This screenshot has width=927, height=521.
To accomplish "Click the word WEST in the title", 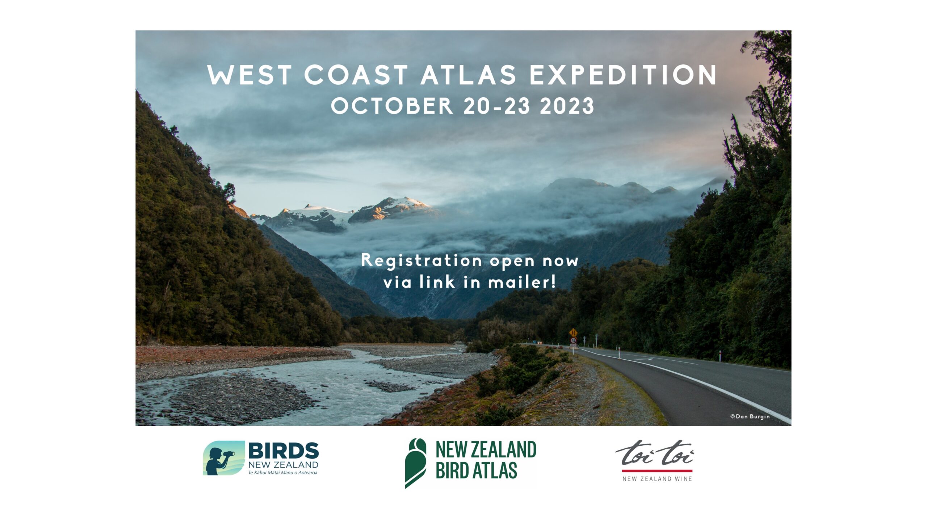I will (x=249, y=75).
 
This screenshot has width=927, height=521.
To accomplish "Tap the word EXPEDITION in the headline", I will (x=623, y=75).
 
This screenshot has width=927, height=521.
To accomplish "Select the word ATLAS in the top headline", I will (x=468, y=75).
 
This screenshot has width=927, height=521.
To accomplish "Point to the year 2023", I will (x=567, y=106).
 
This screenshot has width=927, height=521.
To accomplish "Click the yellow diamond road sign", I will (x=573, y=332).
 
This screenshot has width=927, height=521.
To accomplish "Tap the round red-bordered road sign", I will (x=573, y=340).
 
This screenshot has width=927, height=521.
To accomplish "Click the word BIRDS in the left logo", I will (x=284, y=451).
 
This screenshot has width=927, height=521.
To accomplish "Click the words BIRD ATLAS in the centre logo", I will (x=476, y=471).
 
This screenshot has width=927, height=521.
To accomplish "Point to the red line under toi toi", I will (x=657, y=471).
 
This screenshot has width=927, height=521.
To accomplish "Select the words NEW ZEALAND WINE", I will (x=657, y=479).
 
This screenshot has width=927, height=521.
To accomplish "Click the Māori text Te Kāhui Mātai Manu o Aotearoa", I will (x=283, y=473).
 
